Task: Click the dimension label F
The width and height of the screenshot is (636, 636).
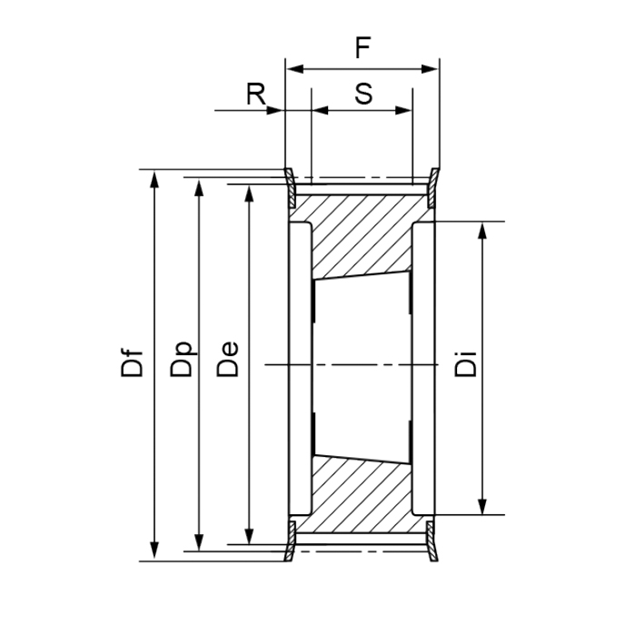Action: tap(363, 49)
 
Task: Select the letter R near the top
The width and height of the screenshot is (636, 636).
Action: tap(256, 94)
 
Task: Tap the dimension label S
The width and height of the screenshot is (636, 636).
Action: tap(363, 94)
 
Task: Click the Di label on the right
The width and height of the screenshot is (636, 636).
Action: tap(466, 365)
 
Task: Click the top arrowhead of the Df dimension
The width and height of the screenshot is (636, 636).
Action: tap(155, 176)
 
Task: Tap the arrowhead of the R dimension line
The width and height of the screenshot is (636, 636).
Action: tap(278, 111)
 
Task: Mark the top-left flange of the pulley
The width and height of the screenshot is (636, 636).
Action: tap(290, 186)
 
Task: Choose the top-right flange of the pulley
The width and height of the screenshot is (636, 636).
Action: tap(433, 186)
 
